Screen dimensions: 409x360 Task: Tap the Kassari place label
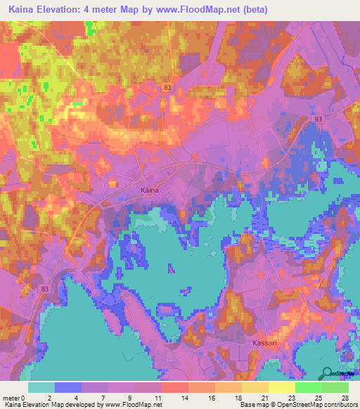coord(266,342)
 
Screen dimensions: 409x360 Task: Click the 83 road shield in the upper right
coord(320,120)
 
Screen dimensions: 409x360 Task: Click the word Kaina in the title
coord(25,11)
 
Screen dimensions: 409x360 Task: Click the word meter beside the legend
coord(12,398)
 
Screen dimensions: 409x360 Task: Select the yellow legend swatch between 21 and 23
coord(282,387)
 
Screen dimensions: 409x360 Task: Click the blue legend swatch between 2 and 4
coord(68,387)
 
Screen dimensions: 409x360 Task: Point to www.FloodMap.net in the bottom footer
coord(134,405)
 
